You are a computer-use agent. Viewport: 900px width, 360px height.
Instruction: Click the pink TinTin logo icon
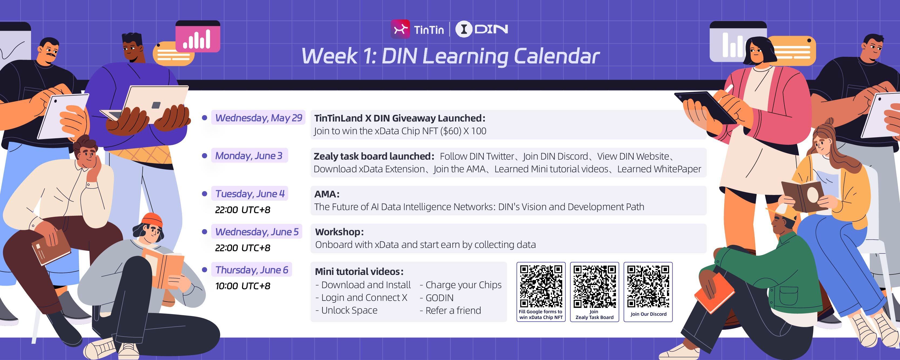coord(400,29)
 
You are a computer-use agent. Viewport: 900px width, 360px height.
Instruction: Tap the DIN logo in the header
coord(482,29)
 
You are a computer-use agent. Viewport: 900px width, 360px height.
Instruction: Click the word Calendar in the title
coord(556,56)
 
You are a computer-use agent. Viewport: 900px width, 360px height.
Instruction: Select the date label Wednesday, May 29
coord(258,118)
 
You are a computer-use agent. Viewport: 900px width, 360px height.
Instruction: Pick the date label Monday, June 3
coord(249,156)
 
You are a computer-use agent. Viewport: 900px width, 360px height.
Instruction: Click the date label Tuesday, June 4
coord(250,194)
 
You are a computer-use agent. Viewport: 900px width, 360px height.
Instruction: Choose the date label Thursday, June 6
coord(252,270)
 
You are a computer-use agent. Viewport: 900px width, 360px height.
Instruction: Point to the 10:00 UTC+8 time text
coord(243,286)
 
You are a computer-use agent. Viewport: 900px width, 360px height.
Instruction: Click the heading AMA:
coord(327,194)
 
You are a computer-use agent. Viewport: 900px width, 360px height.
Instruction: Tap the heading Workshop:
coord(339,232)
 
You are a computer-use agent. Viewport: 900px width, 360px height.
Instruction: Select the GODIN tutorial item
coord(437,298)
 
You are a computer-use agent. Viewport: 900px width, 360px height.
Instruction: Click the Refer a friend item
coord(450,310)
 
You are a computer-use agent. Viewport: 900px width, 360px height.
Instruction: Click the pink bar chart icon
coord(198,36)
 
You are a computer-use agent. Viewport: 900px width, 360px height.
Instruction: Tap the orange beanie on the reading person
coord(152,220)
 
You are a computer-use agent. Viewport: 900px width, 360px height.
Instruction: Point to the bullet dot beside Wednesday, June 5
coord(205,232)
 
